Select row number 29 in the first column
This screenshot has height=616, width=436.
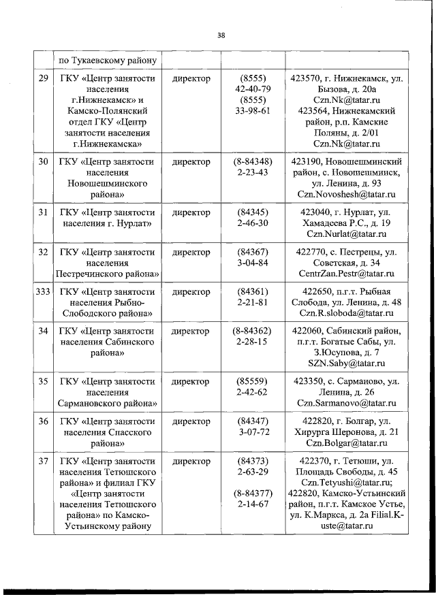pyautogui.click(x=43, y=79)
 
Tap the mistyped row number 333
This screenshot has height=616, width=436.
pyautogui.click(x=43, y=292)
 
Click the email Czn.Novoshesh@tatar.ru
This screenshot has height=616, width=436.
pyautogui.click(x=347, y=195)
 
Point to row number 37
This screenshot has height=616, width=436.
pyautogui.click(x=43, y=461)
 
